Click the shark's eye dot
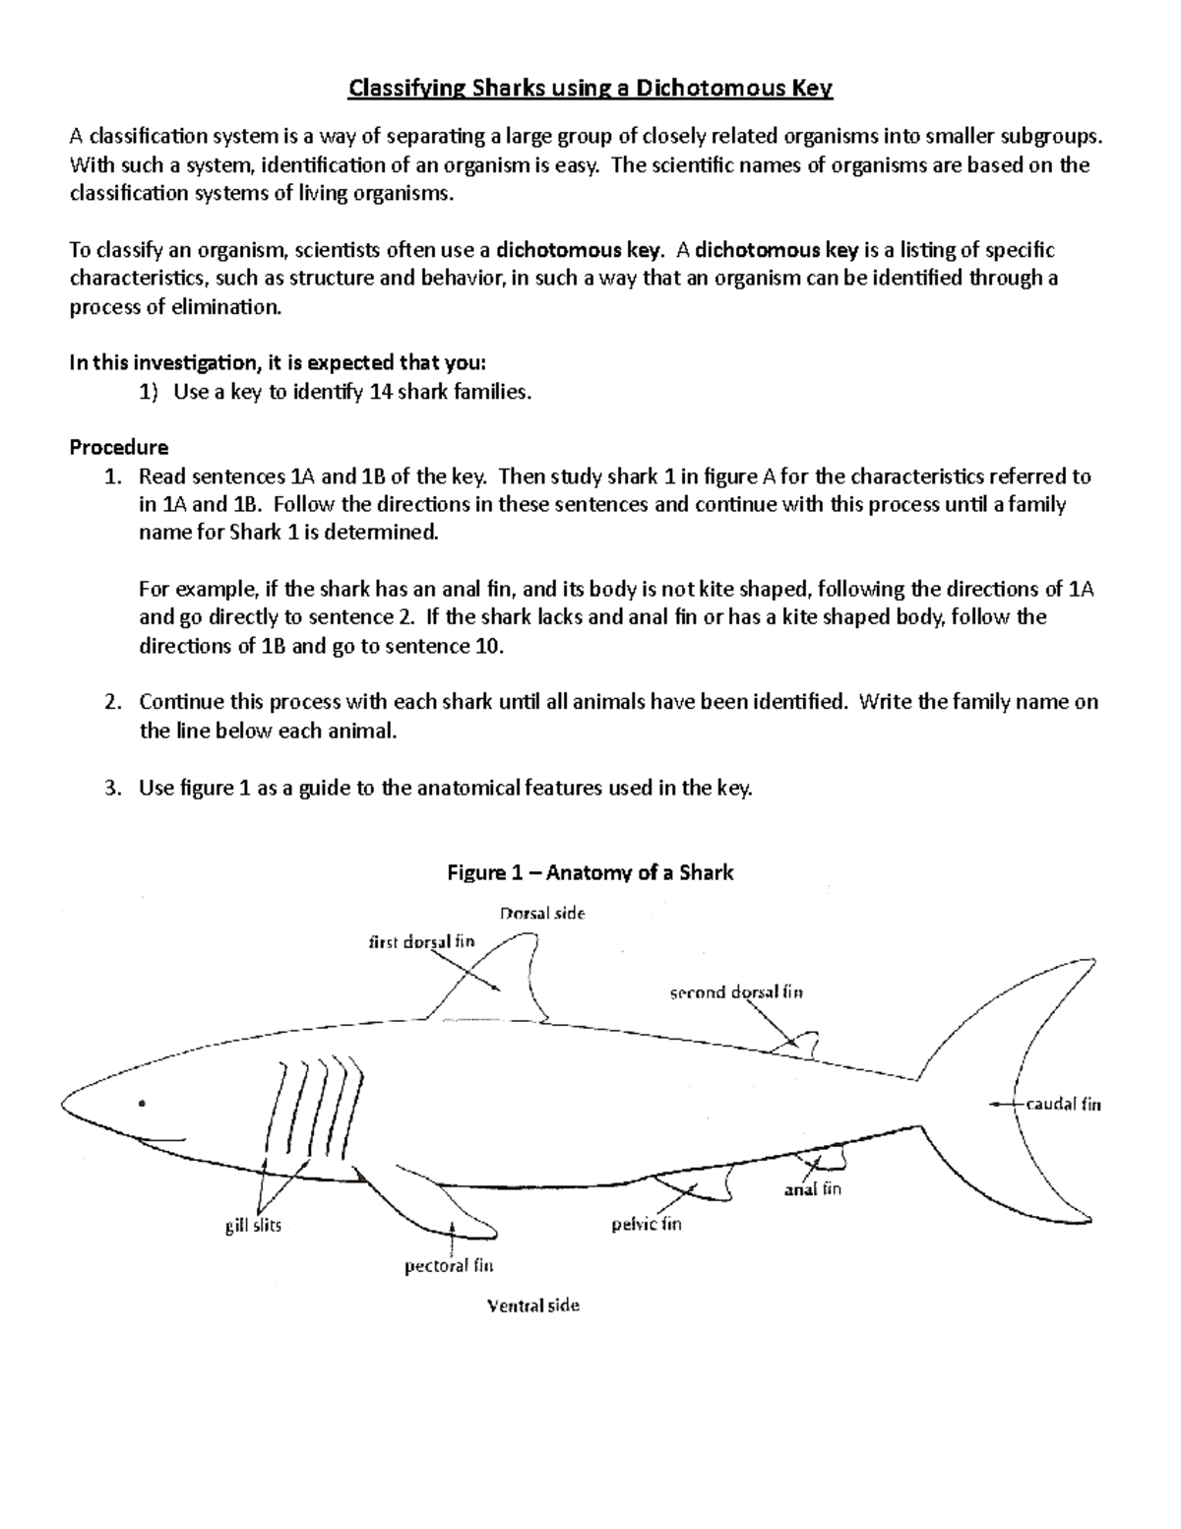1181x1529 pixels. pos(142,1102)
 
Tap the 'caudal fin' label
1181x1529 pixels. pos(1063,1104)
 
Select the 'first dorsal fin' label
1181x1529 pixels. pos(421,941)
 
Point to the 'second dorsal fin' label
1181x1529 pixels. pos(736,992)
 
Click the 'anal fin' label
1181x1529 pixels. pos(813,1189)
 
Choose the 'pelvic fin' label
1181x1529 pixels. pos(646,1225)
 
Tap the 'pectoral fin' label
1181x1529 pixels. pos(449,1266)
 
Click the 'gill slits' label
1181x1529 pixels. pos(253,1227)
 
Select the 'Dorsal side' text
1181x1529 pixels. pos(542,913)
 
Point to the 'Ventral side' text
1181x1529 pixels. pos(532,1306)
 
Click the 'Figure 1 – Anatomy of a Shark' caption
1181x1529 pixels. pos(590,872)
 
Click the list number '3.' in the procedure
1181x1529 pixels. pos(112,788)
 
